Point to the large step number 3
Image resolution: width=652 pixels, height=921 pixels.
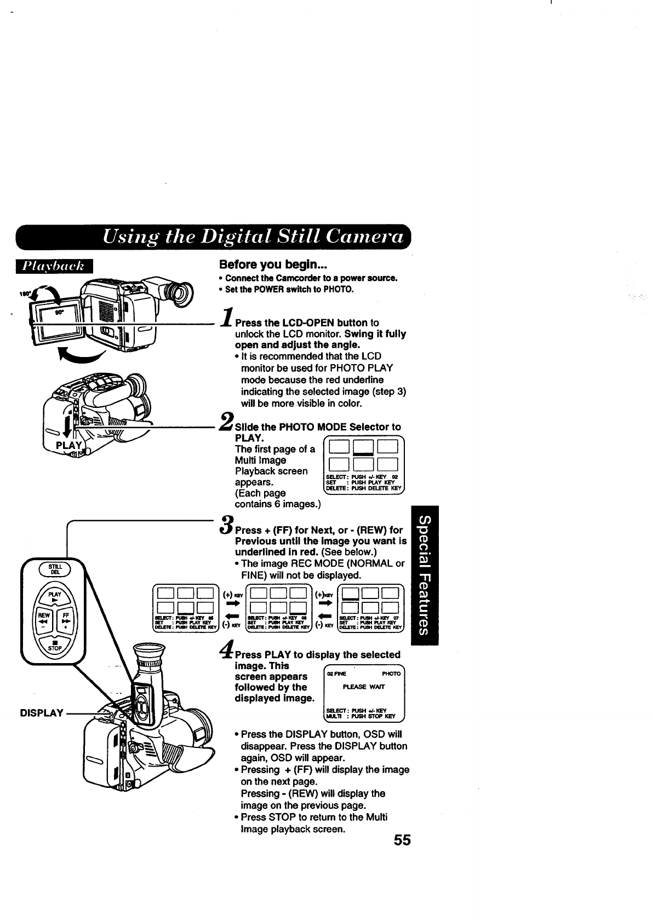(x=226, y=524)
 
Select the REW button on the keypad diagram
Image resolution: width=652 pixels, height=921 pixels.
(x=43, y=620)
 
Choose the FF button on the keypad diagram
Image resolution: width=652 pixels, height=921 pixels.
(x=66, y=620)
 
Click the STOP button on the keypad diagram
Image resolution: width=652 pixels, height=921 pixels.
(x=54, y=644)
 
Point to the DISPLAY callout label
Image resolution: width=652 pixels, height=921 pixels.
(x=42, y=713)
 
